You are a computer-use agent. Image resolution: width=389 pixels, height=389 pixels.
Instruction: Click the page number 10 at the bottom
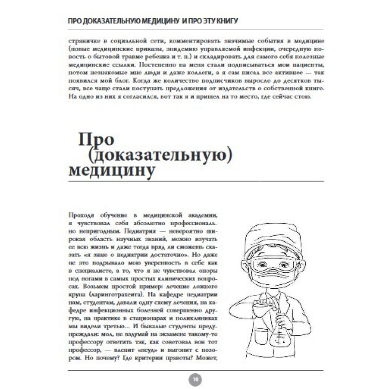(x=195, y=378)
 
